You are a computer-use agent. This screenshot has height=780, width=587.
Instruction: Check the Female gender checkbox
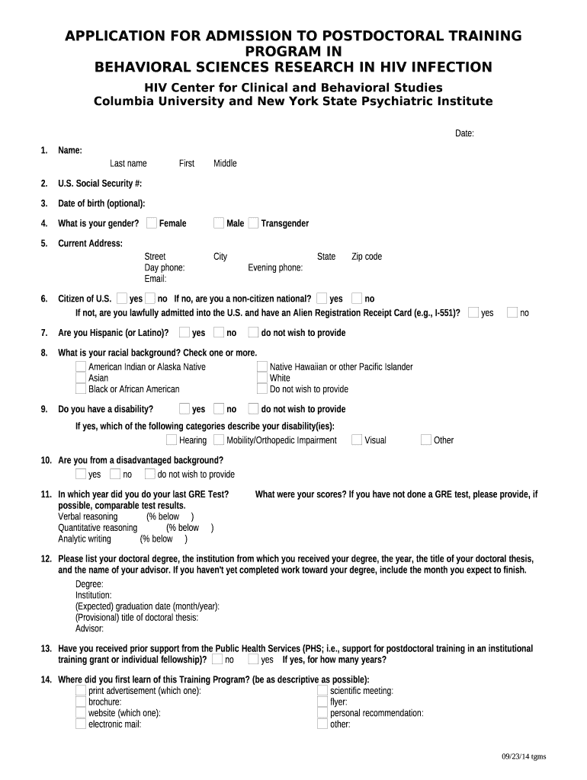[152, 222]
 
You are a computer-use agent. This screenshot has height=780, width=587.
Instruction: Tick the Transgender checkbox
[253, 222]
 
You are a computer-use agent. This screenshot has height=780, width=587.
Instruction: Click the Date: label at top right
[464, 133]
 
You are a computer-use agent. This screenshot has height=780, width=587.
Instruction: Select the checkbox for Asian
[81, 378]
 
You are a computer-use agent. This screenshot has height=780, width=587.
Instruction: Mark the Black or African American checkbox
[81, 389]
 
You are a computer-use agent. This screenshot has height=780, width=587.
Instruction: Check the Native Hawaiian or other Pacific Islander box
[262, 366]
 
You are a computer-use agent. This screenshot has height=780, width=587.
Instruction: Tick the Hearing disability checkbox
[172, 440]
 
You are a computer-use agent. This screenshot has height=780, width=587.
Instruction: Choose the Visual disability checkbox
[357, 440]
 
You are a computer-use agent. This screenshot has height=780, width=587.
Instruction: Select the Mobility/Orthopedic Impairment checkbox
[219, 440]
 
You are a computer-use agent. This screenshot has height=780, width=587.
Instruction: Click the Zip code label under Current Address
[366, 257]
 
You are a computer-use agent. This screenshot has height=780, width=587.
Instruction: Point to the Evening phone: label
[275, 267]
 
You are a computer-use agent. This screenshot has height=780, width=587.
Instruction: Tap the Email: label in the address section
[156, 279]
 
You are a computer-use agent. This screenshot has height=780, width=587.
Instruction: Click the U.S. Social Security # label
[100, 184]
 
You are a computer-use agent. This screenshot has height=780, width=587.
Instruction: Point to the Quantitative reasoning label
[98, 528]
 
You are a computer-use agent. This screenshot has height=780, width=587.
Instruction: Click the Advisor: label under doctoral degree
[89, 628]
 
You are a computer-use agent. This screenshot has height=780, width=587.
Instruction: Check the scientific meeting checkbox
[322, 691]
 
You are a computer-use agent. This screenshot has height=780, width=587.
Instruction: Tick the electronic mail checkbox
[81, 724]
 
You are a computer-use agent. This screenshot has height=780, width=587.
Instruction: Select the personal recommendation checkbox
[322, 713]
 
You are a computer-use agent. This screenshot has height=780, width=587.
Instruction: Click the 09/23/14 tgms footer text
[523, 756]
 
